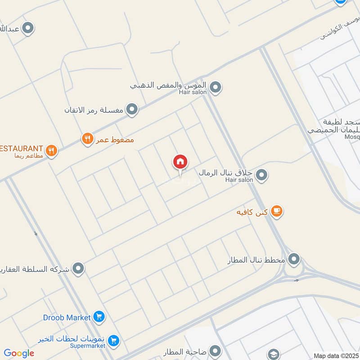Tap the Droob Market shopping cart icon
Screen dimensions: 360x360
99,317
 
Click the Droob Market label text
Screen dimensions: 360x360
67,317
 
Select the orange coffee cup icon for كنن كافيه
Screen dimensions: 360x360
277,211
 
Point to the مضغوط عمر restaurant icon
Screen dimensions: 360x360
87,139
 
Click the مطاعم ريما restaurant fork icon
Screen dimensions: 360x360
52,150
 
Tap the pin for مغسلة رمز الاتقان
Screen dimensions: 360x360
131,109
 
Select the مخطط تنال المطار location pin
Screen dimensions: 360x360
294,259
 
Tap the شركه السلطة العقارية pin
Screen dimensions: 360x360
79,269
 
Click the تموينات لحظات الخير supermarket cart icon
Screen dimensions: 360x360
114,341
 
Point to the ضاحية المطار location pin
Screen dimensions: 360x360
215,351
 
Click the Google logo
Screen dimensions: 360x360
18,353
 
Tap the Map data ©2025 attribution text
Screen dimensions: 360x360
336,355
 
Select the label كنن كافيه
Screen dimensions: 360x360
253,211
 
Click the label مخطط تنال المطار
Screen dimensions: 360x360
257,260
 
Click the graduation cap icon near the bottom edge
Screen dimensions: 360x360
273,355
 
